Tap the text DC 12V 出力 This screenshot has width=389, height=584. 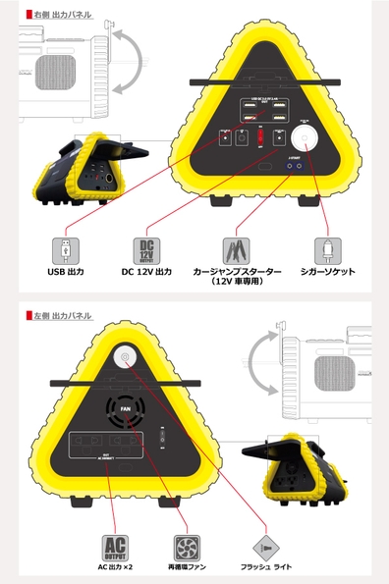tap(146, 271)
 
